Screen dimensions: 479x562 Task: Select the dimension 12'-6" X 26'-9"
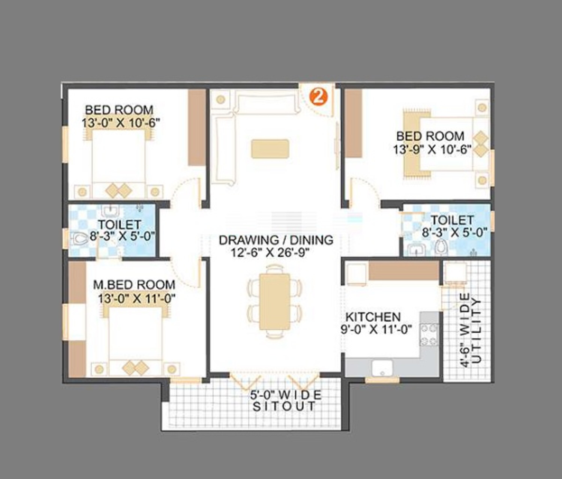click(x=270, y=253)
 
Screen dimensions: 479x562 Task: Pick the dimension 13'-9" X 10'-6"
click(x=432, y=150)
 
